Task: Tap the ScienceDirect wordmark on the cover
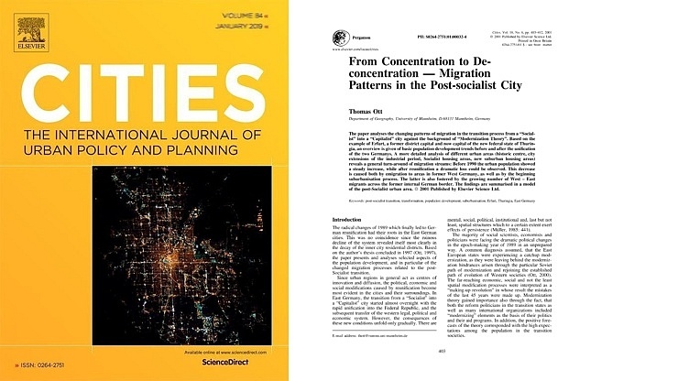point(236,366)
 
